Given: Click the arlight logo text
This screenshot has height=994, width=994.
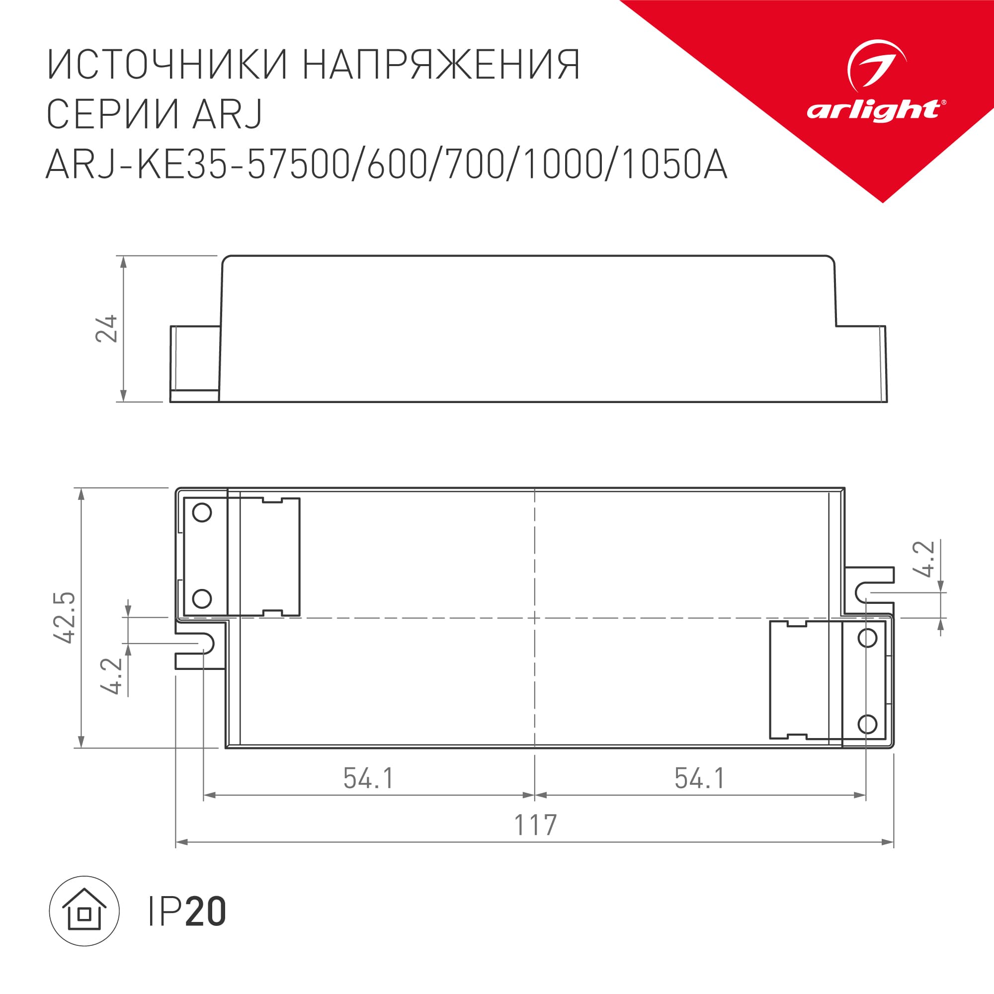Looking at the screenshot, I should coord(874,110).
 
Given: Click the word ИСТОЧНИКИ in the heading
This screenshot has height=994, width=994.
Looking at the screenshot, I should coord(166,65).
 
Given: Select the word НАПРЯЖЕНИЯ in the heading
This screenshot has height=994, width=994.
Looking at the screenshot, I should coord(441,65).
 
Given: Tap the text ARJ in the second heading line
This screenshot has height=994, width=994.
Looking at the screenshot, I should coord(228,114).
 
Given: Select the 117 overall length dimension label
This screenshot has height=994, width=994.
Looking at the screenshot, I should coord(535,825).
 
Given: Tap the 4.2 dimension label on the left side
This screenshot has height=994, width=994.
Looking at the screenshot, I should coord(112,676).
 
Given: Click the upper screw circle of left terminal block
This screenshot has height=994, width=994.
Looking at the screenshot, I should coord(202,512).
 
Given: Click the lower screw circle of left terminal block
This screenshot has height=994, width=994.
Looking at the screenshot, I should coord(202,598).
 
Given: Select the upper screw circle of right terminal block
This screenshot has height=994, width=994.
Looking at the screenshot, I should coord(867,639).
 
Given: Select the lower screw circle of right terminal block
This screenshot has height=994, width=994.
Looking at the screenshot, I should coord(867,725).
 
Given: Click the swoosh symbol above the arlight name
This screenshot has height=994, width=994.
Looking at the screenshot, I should coord(876,65).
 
